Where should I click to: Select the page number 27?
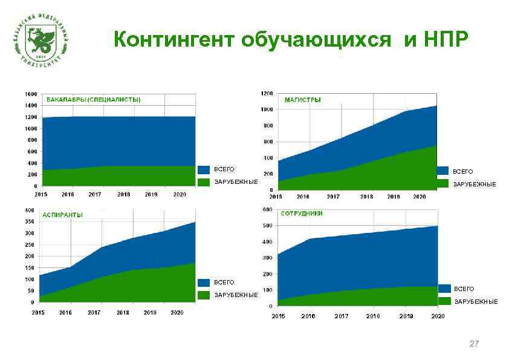pos(474,344)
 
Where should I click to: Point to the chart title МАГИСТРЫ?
pos(302,99)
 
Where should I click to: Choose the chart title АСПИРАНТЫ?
pos(62,215)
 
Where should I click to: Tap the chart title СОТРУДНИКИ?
pos(302,214)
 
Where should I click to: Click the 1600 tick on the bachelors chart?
pos(30,94)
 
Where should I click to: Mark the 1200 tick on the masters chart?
pos(266,93)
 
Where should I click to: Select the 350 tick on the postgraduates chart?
pos(29,221)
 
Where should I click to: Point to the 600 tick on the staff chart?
pos(267,210)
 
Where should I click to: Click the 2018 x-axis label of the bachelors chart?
pos(124,195)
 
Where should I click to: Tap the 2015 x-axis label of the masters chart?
pos(276,197)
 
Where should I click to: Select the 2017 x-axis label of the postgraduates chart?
pos(94,313)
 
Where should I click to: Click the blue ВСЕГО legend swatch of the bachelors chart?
pos(204,169)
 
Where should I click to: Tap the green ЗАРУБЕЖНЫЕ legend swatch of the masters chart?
pos(443,183)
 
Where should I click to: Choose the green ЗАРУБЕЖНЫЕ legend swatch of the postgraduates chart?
pos(204,295)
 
